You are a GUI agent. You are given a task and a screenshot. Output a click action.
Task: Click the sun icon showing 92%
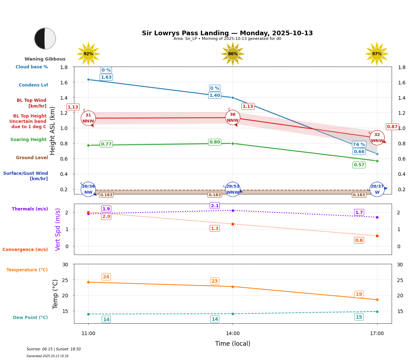click(x=88, y=54)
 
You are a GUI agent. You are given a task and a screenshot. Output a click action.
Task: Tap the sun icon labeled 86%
click(x=233, y=54)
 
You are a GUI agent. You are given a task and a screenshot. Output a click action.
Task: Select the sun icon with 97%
click(x=377, y=54)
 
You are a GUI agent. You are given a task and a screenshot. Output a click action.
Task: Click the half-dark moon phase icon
click(x=45, y=38)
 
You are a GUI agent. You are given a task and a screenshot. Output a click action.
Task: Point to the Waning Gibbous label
click(x=45, y=59)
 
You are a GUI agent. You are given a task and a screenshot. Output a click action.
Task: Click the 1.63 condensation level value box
click(x=106, y=77)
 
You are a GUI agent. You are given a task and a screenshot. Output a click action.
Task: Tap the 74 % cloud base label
click(x=359, y=144)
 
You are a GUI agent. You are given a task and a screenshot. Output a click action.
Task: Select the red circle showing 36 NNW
click(x=233, y=118)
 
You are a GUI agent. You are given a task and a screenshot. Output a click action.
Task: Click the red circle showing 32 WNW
click(x=377, y=138)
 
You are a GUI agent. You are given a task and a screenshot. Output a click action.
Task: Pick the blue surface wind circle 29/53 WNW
click(x=233, y=189)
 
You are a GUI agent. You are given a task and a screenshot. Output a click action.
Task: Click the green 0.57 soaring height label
click(x=359, y=165)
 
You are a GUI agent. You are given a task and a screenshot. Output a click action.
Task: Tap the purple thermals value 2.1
click(x=215, y=205)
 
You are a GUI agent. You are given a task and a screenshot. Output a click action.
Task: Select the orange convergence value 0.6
click(x=359, y=240)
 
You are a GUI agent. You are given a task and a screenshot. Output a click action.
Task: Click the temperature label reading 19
click(x=359, y=294)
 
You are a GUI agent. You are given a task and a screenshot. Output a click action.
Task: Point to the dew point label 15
click(x=359, y=317)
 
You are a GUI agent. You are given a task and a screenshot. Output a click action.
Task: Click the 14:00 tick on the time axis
click(x=233, y=333)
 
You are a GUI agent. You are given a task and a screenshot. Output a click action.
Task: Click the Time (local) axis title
click(x=233, y=344)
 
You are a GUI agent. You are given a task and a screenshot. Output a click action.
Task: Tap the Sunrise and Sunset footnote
click(x=54, y=349)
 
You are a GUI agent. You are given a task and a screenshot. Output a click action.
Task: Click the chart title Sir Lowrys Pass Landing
click(x=227, y=33)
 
